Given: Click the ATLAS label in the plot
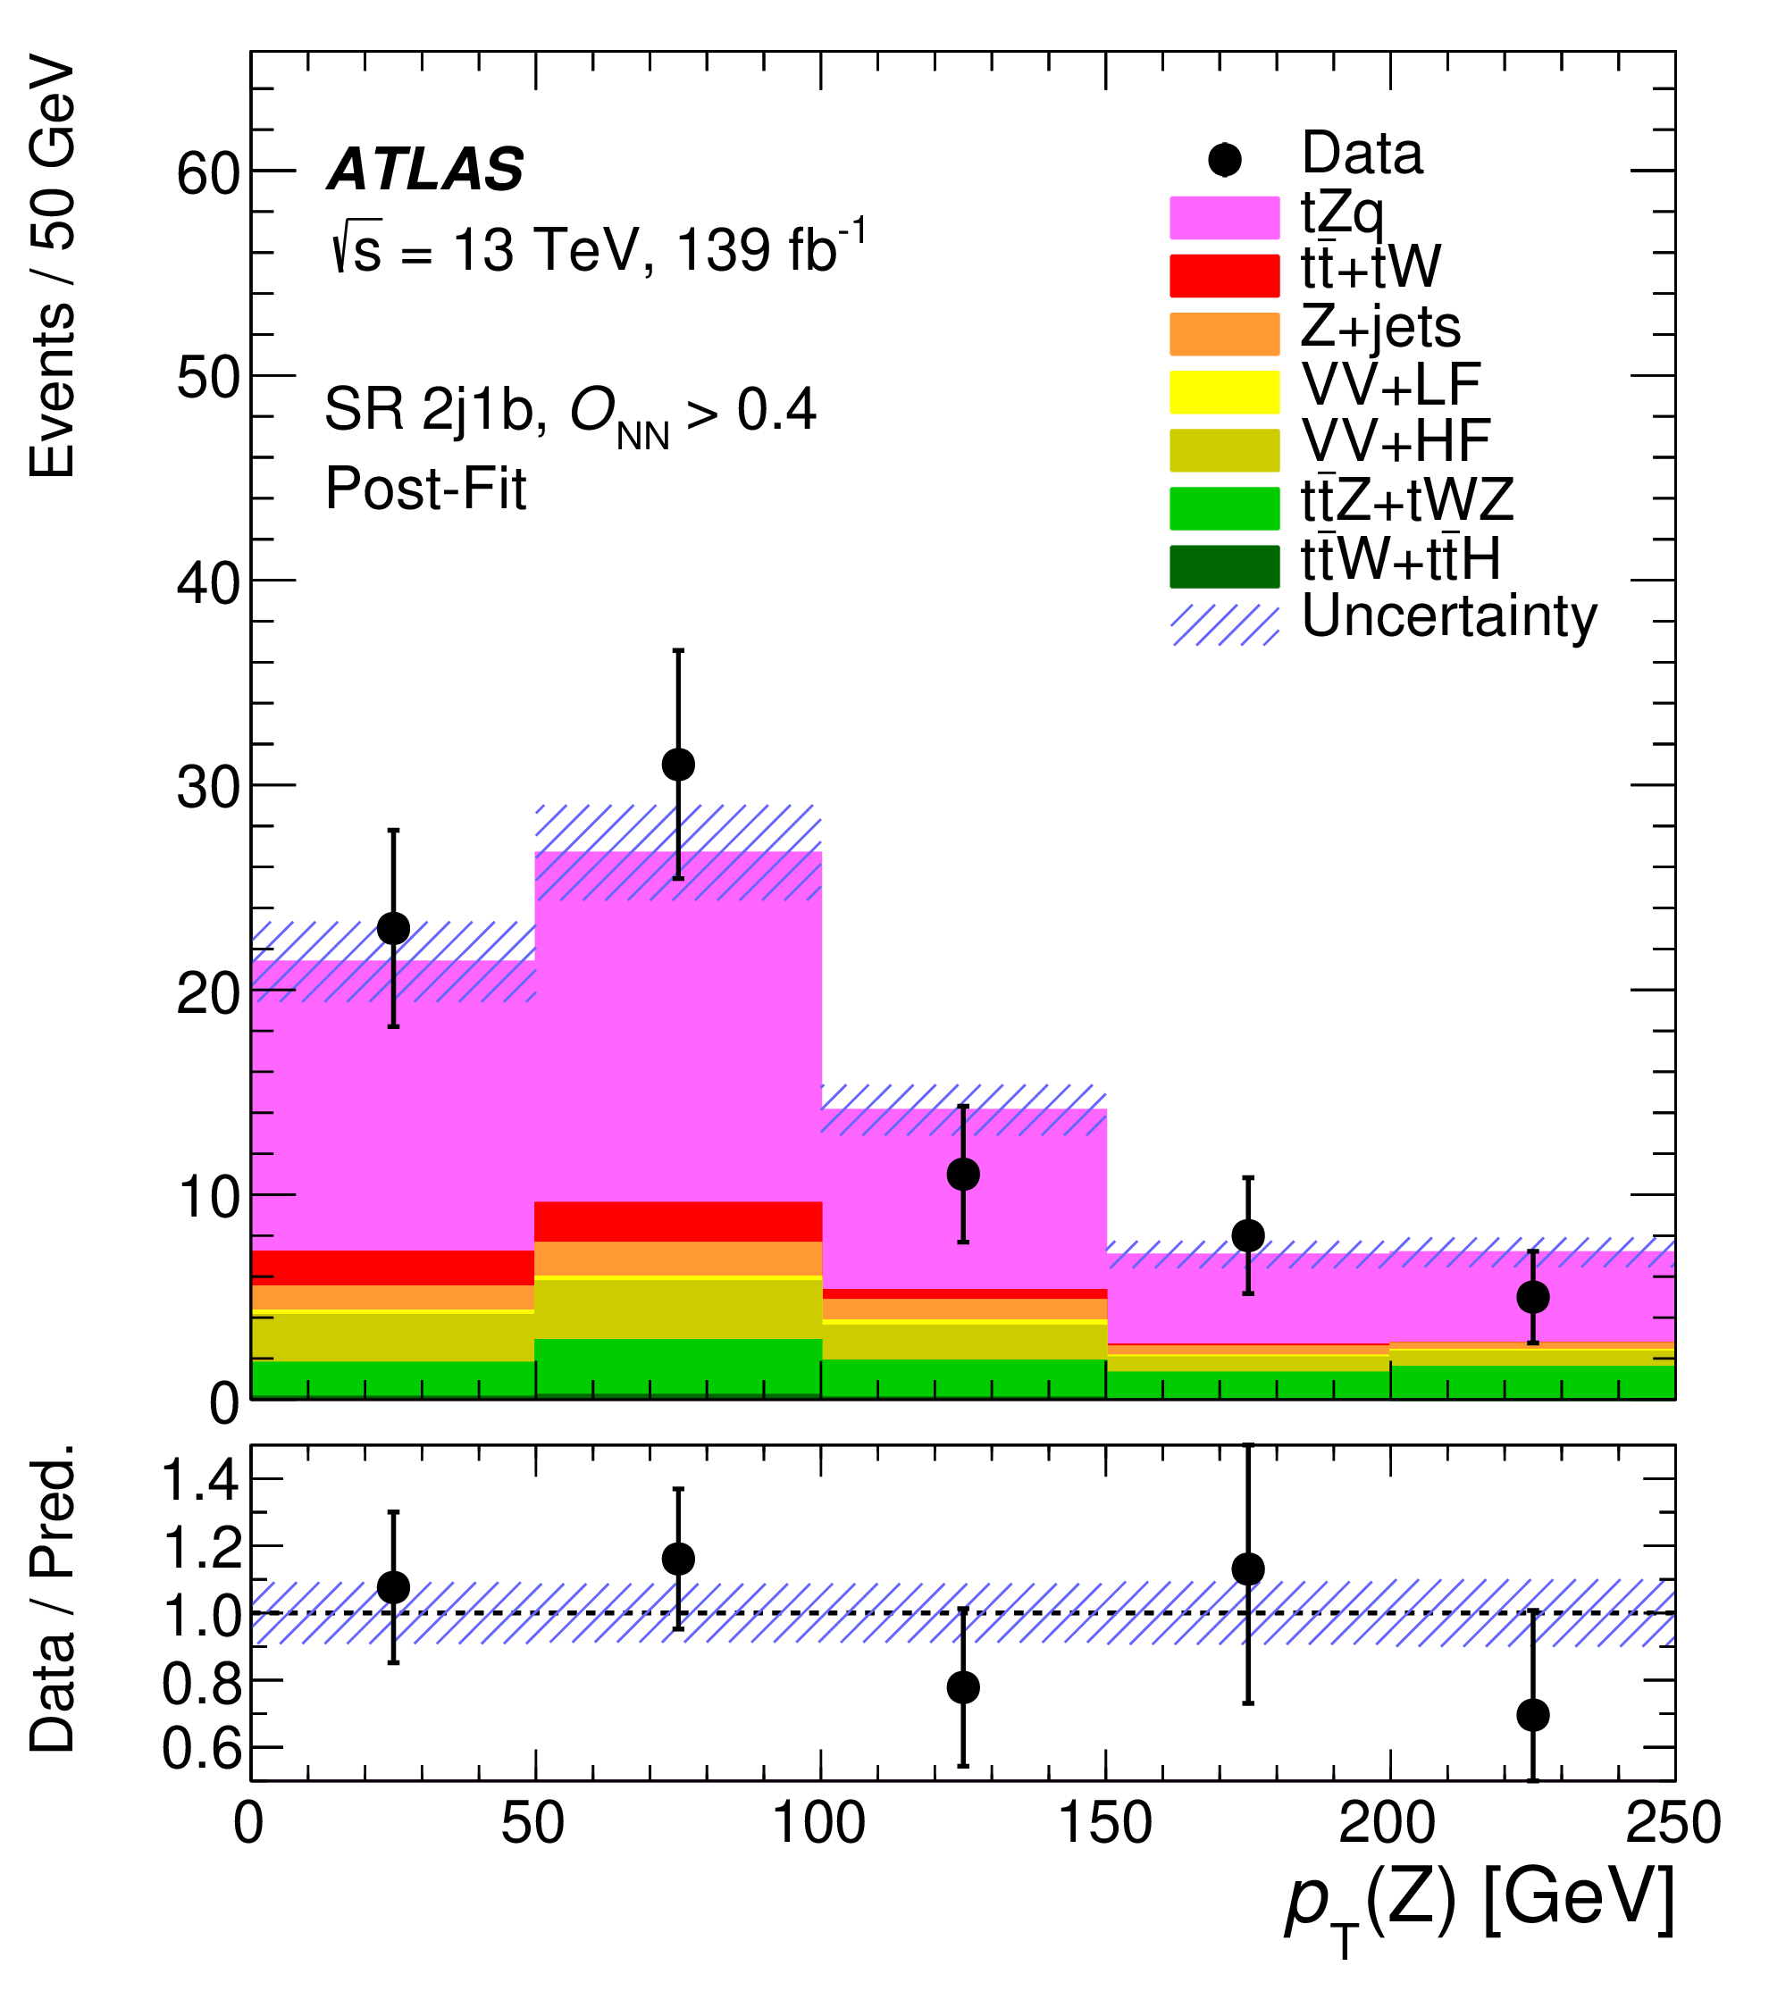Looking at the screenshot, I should (x=425, y=170).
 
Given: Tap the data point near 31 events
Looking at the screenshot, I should (x=678, y=765).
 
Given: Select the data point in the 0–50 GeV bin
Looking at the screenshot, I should (x=393, y=928).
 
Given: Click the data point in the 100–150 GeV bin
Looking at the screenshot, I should (x=962, y=1174).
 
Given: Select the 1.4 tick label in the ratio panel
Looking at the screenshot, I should (x=201, y=1484).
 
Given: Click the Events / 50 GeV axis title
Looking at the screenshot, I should (x=54, y=268).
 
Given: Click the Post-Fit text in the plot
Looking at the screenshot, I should (x=425, y=488).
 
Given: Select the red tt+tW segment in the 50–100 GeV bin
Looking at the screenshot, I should (x=678, y=1221).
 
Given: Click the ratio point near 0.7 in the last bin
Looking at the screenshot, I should (x=1532, y=1715).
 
